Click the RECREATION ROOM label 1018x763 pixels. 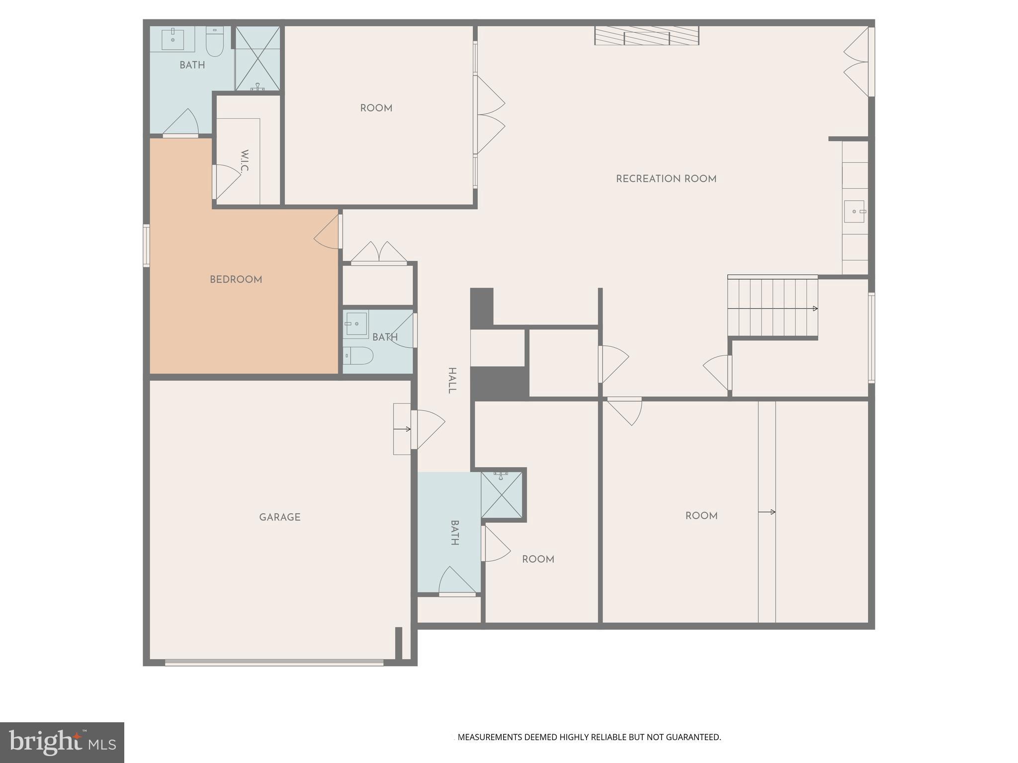(666, 179)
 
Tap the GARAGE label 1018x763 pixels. (279, 517)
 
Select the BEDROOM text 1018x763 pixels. (236, 280)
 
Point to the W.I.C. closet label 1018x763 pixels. (244, 161)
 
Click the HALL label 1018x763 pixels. (452, 381)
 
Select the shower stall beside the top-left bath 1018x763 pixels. (257, 58)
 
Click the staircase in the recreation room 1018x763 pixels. (772, 308)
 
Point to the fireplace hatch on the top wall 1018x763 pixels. (647, 36)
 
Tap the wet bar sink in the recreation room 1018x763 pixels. (854, 212)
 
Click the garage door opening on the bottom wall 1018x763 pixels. (274, 662)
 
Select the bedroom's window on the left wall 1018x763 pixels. (146, 245)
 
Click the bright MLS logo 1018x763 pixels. (62, 743)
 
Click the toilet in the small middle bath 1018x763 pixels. (359, 356)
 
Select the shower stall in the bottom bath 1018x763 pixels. (502, 495)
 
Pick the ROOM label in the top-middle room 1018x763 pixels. (376, 108)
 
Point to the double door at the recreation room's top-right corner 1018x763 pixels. (857, 62)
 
